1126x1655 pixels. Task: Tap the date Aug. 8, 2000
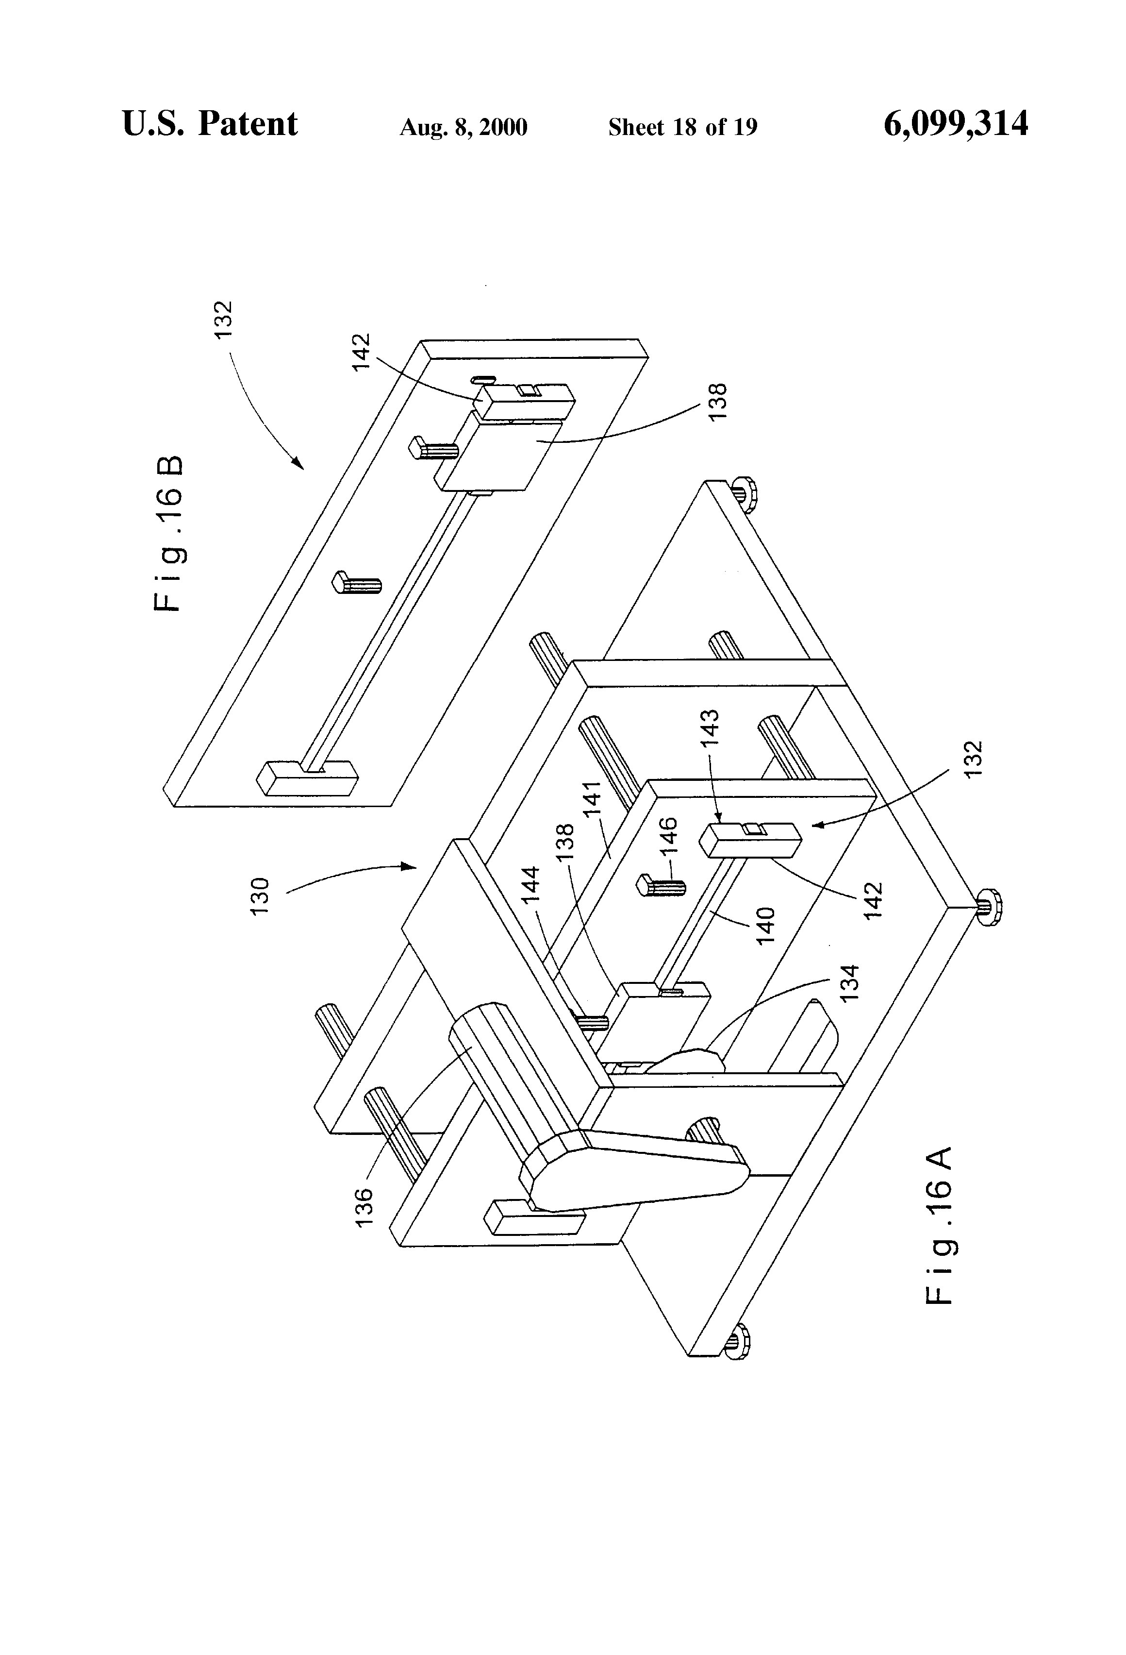pyautogui.click(x=464, y=127)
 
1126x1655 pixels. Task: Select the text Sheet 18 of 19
pyautogui.click(x=682, y=127)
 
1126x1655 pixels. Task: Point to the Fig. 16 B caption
pyautogui.click(x=169, y=533)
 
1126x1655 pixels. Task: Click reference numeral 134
pyautogui.click(x=850, y=983)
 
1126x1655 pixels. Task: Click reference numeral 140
pyautogui.click(x=766, y=926)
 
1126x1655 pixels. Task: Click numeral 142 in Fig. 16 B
pyautogui.click(x=362, y=351)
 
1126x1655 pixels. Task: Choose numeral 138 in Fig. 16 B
pyautogui.click(x=719, y=402)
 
